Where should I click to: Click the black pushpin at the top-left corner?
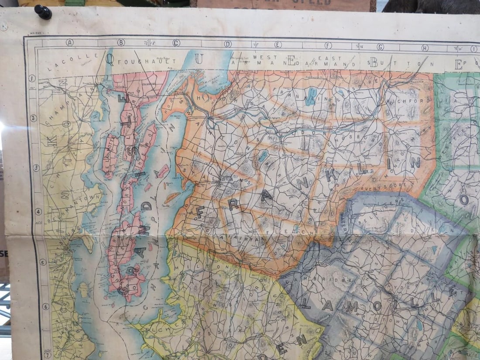point(43,11)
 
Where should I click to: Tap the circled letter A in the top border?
point(69,42)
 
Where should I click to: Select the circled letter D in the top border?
point(227,44)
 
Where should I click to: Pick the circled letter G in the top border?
point(380,47)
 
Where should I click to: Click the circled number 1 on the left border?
point(32,79)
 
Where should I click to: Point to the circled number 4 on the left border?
point(38,212)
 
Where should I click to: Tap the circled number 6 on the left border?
point(45,307)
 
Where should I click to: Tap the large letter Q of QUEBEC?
point(110,60)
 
